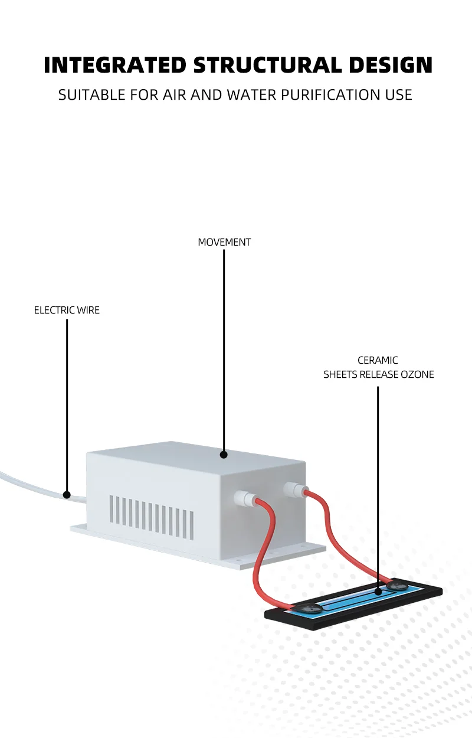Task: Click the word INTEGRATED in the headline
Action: [x=115, y=66]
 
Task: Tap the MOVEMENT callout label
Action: [x=224, y=242]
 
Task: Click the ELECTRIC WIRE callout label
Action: [x=67, y=310]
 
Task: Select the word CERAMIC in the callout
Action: [x=378, y=360]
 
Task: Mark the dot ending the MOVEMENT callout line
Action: [x=224, y=455]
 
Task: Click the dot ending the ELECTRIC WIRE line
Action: [x=67, y=495]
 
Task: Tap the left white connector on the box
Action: [x=244, y=498]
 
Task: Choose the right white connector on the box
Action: [x=293, y=489]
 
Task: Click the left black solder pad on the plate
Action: [x=309, y=609]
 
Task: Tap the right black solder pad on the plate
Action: [x=395, y=586]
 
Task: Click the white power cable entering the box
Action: [x=29, y=483]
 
